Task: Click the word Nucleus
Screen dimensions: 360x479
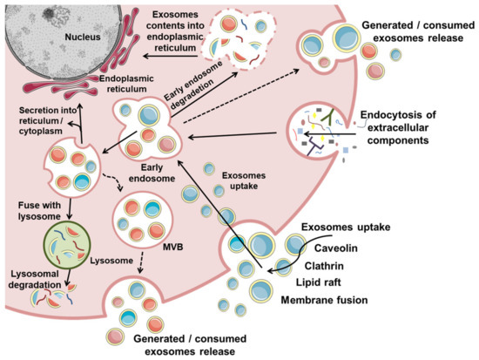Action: [64, 40]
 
